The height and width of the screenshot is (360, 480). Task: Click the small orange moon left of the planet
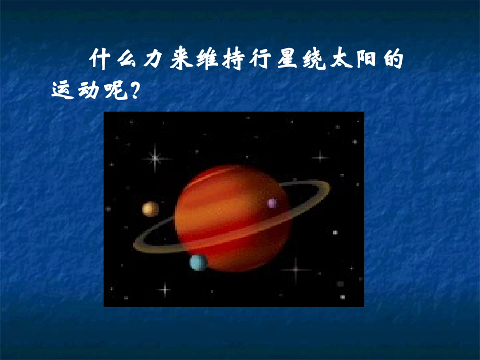(150, 209)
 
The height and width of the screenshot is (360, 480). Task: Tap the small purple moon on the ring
(272, 203)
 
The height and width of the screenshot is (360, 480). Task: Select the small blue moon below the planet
(198, 262)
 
